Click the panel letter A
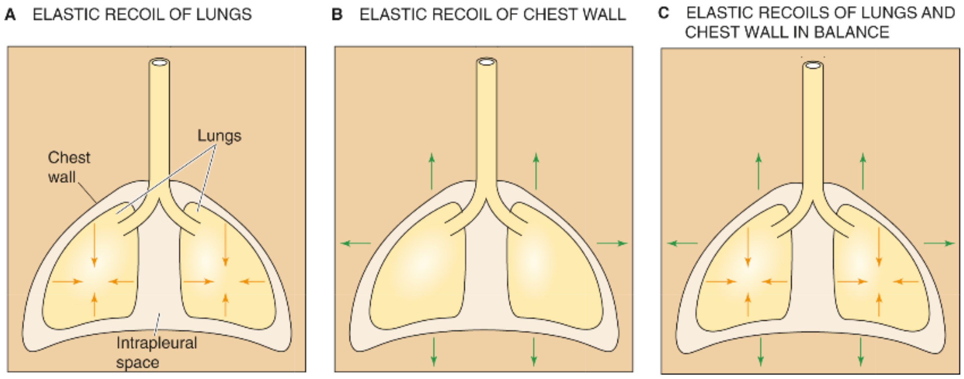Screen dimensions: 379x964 point(10,15)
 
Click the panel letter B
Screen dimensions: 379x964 point(337,15)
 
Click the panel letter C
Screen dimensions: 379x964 point(663,14)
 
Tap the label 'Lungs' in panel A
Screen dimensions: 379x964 point(219,136)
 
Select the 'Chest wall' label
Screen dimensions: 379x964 point(69,167)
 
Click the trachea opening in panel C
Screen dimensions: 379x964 point(813,66)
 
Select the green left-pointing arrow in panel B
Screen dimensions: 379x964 point(356,244)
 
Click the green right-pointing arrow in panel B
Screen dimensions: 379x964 point(611,244)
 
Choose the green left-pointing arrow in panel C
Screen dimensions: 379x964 point(682,244)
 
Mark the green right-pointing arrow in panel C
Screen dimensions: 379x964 point(939,244)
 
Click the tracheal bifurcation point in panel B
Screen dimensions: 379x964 point(486,200)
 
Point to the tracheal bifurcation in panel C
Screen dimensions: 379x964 point(813,202)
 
